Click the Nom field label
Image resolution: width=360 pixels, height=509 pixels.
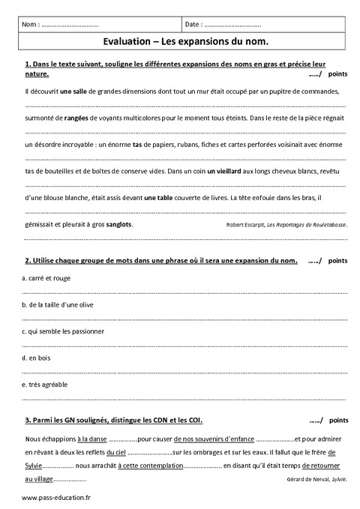tap(31, 25)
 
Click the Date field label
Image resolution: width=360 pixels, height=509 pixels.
tap(195, 25)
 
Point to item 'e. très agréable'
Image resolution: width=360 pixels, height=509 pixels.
tap(46, 384)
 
